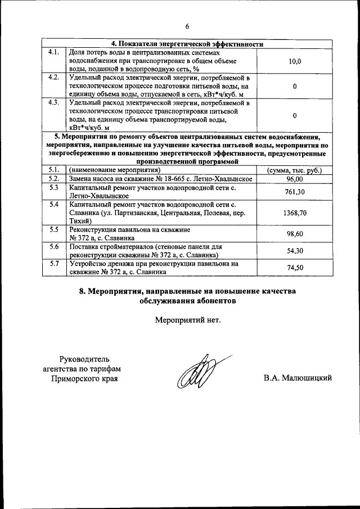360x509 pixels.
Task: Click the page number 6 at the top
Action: click(x=187, y=26)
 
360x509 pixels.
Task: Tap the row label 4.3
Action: click(x=54, y=103)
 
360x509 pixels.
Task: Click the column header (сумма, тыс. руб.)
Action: click(x=295, y=170)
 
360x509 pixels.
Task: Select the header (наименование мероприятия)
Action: click(x=115, y=170)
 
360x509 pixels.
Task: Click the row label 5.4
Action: click(x=54, y=204)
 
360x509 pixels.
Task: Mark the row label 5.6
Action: click(x=54, y=247)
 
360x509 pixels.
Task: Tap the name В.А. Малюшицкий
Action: click(x=297, y=378)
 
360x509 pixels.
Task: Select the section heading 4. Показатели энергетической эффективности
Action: click(x=187, y=44)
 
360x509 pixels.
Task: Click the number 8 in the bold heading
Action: click(x=83, y=291)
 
